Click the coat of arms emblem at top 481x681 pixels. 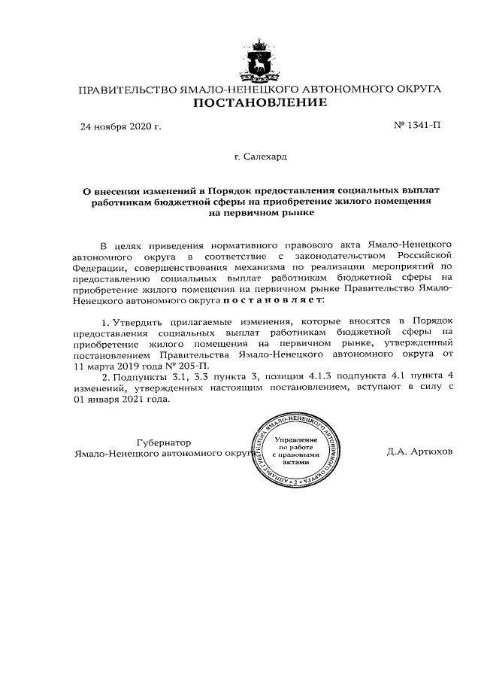(x=260, y=58)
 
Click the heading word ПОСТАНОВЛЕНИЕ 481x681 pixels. (x=260, y=103)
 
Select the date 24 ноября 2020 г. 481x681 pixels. (x=121, y=126)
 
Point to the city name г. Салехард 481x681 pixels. (x=260, y=158)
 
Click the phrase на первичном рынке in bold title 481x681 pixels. (x=260, y=213)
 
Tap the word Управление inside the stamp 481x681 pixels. (x=295, y=439)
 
